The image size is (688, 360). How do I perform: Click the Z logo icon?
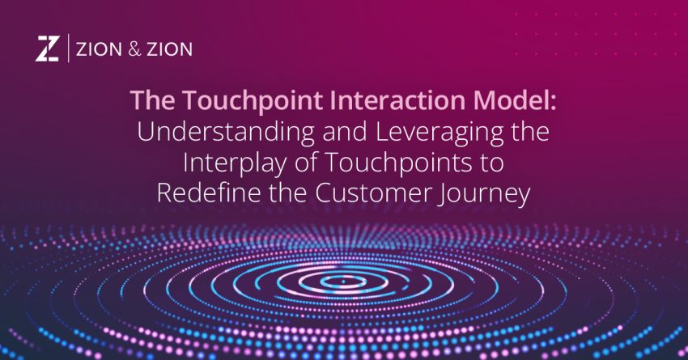pyautogui.click(x=47, y=49)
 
